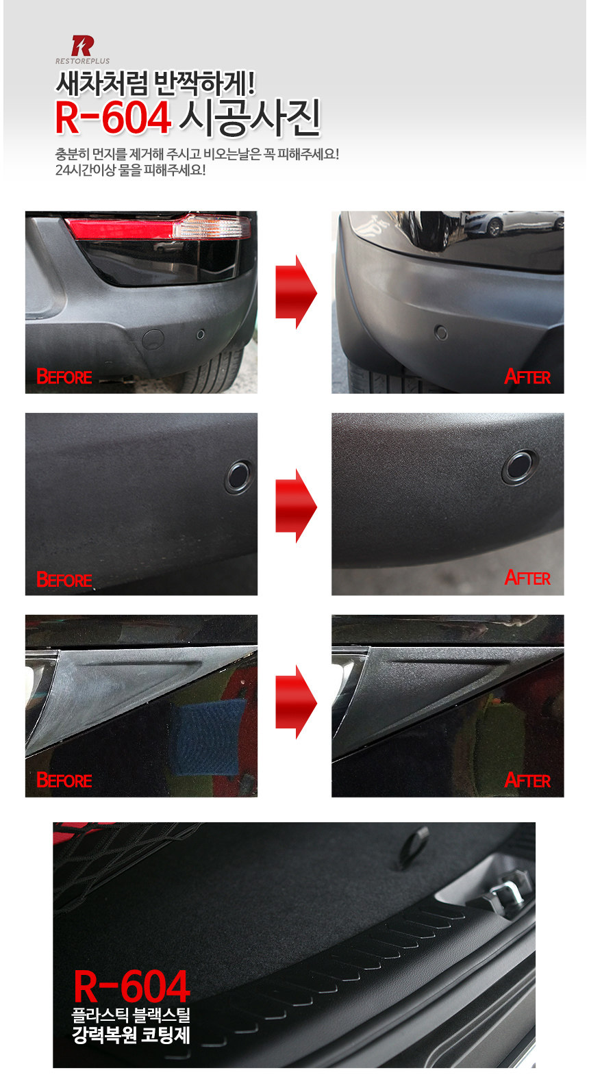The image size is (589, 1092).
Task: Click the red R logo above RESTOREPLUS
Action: [82, 45]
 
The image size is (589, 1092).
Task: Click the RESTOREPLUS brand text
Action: [82, 61]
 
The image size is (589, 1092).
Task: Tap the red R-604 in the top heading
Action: [113, 118]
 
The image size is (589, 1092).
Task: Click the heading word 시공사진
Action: [250, 118]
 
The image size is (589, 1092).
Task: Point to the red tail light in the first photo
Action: [158, 227]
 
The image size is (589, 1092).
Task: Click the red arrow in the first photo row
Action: [297, 292]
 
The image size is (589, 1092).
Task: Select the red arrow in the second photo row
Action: [297, 506]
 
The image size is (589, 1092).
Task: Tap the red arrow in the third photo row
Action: [297, 702]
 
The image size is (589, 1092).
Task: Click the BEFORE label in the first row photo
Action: [64, 377]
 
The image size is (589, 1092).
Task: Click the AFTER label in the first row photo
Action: [527, 377]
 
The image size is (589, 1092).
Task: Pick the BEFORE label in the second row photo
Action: [64, 580]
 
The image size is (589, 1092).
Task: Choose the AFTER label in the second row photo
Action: [527, 578]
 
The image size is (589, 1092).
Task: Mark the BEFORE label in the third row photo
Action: [64, 780]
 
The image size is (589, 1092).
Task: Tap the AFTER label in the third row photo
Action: [527, 780]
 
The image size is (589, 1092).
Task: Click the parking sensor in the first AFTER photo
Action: [441, 333]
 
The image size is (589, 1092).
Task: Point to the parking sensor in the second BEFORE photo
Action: [239, 477]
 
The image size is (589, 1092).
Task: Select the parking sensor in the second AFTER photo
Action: [521, 466]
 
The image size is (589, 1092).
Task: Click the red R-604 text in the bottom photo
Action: [131, 986]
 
